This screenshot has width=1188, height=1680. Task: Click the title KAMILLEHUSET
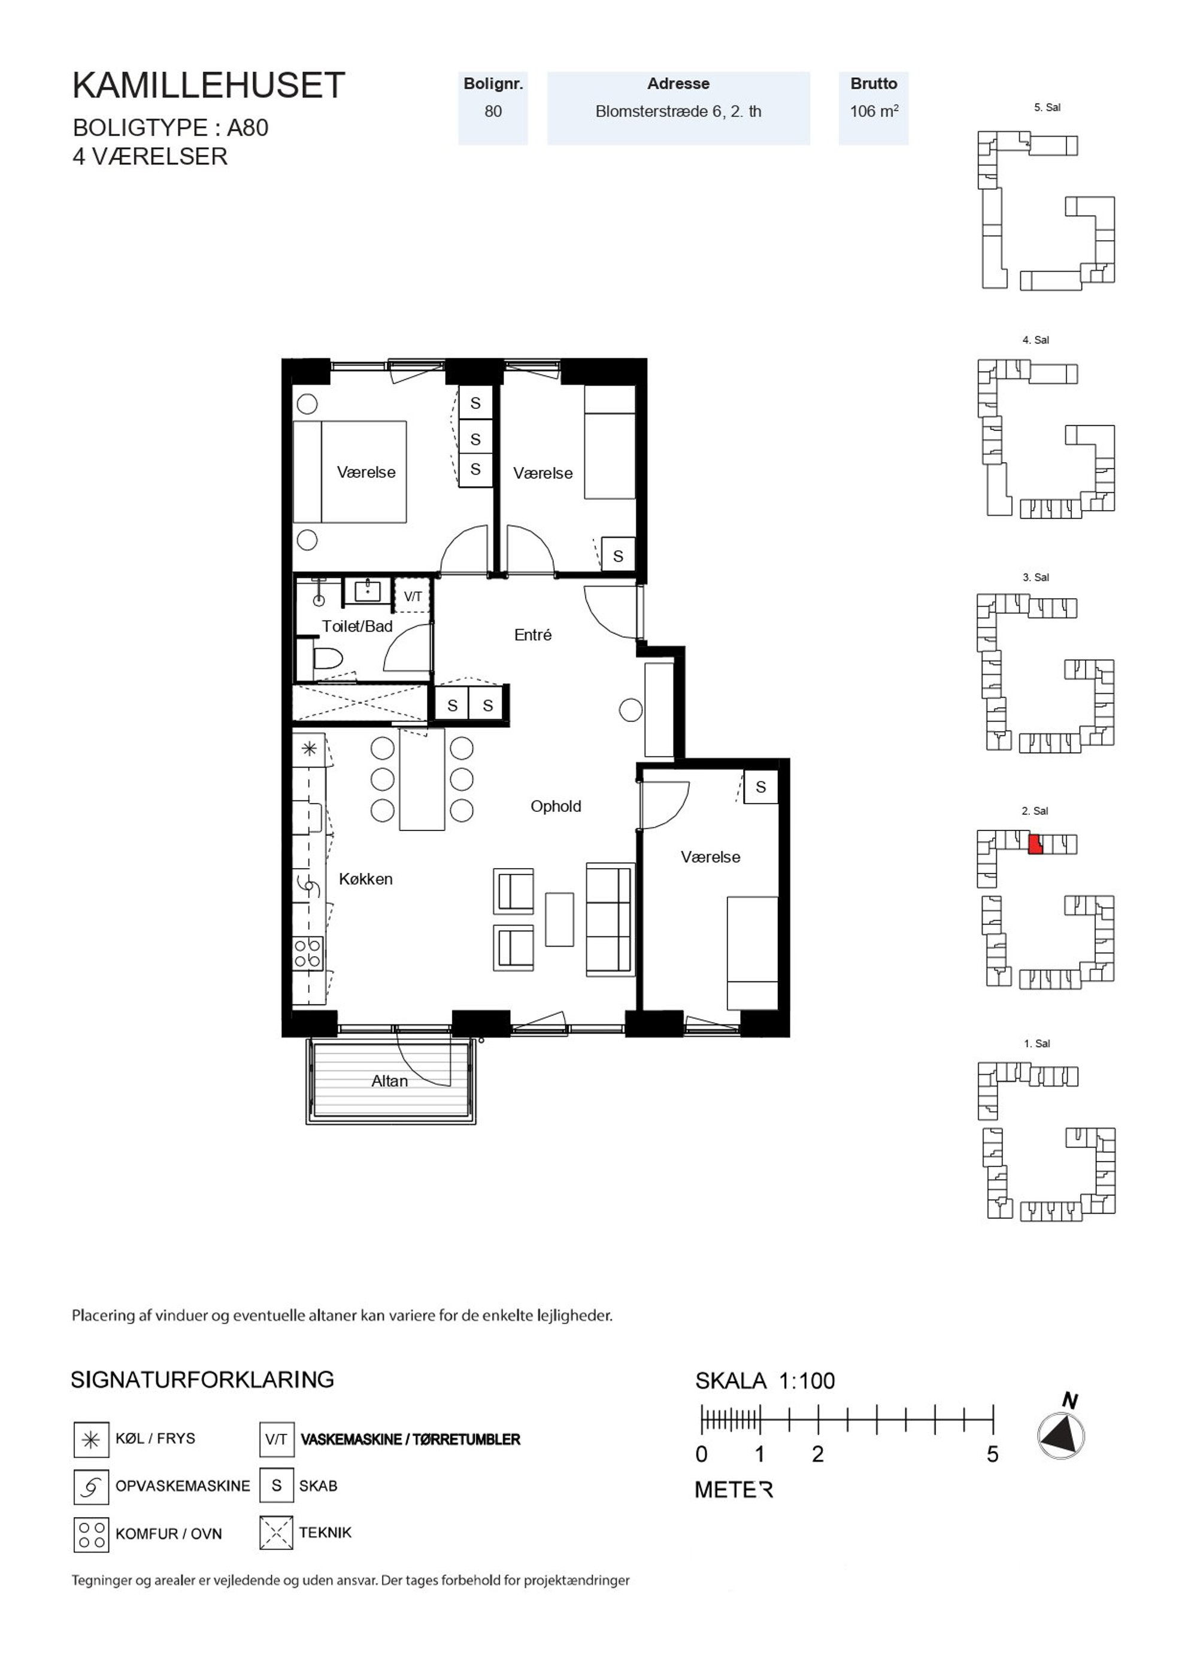208,86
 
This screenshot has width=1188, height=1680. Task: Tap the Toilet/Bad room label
357,626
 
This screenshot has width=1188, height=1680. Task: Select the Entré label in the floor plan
533,635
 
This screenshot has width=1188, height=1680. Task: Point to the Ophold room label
556,806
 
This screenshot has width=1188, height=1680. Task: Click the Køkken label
365,879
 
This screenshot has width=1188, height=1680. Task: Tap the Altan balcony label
389,1081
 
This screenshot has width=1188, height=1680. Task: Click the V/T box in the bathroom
413,596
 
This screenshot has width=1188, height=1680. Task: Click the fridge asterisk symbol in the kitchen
310,748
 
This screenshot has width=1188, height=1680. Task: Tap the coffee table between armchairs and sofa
559,919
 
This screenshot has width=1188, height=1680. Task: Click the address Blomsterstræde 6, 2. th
678,111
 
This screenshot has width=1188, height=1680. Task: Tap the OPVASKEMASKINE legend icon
92,1486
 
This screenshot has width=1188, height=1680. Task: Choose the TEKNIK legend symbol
276,1533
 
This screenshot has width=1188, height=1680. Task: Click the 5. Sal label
1047,108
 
